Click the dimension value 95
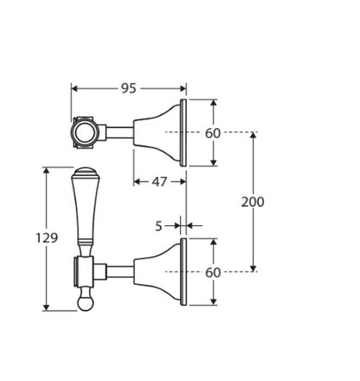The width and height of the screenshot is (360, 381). (x=128, y=88)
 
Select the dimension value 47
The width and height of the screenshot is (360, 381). (x=158, y=182)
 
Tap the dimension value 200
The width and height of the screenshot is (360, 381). (x=253, y=202)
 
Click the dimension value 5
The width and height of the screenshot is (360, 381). (x=158, y=226)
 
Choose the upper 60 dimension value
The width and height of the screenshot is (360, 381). (x=213, y=133)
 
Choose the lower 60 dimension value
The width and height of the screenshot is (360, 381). (x=213, y=272)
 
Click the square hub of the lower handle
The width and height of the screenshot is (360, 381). (x=85, y=271)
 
